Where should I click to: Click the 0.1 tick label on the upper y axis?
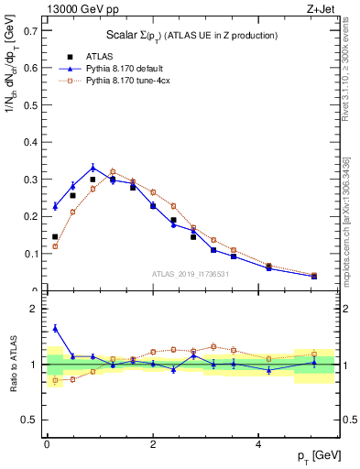click(31, 254)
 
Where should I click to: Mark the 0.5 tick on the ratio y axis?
click(31, 420)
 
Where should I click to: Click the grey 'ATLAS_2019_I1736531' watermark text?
click(191, 274)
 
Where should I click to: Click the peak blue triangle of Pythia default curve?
click(93, 167)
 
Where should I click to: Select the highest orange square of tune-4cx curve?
click(113, 172)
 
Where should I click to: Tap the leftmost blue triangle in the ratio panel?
click(55, 328)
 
